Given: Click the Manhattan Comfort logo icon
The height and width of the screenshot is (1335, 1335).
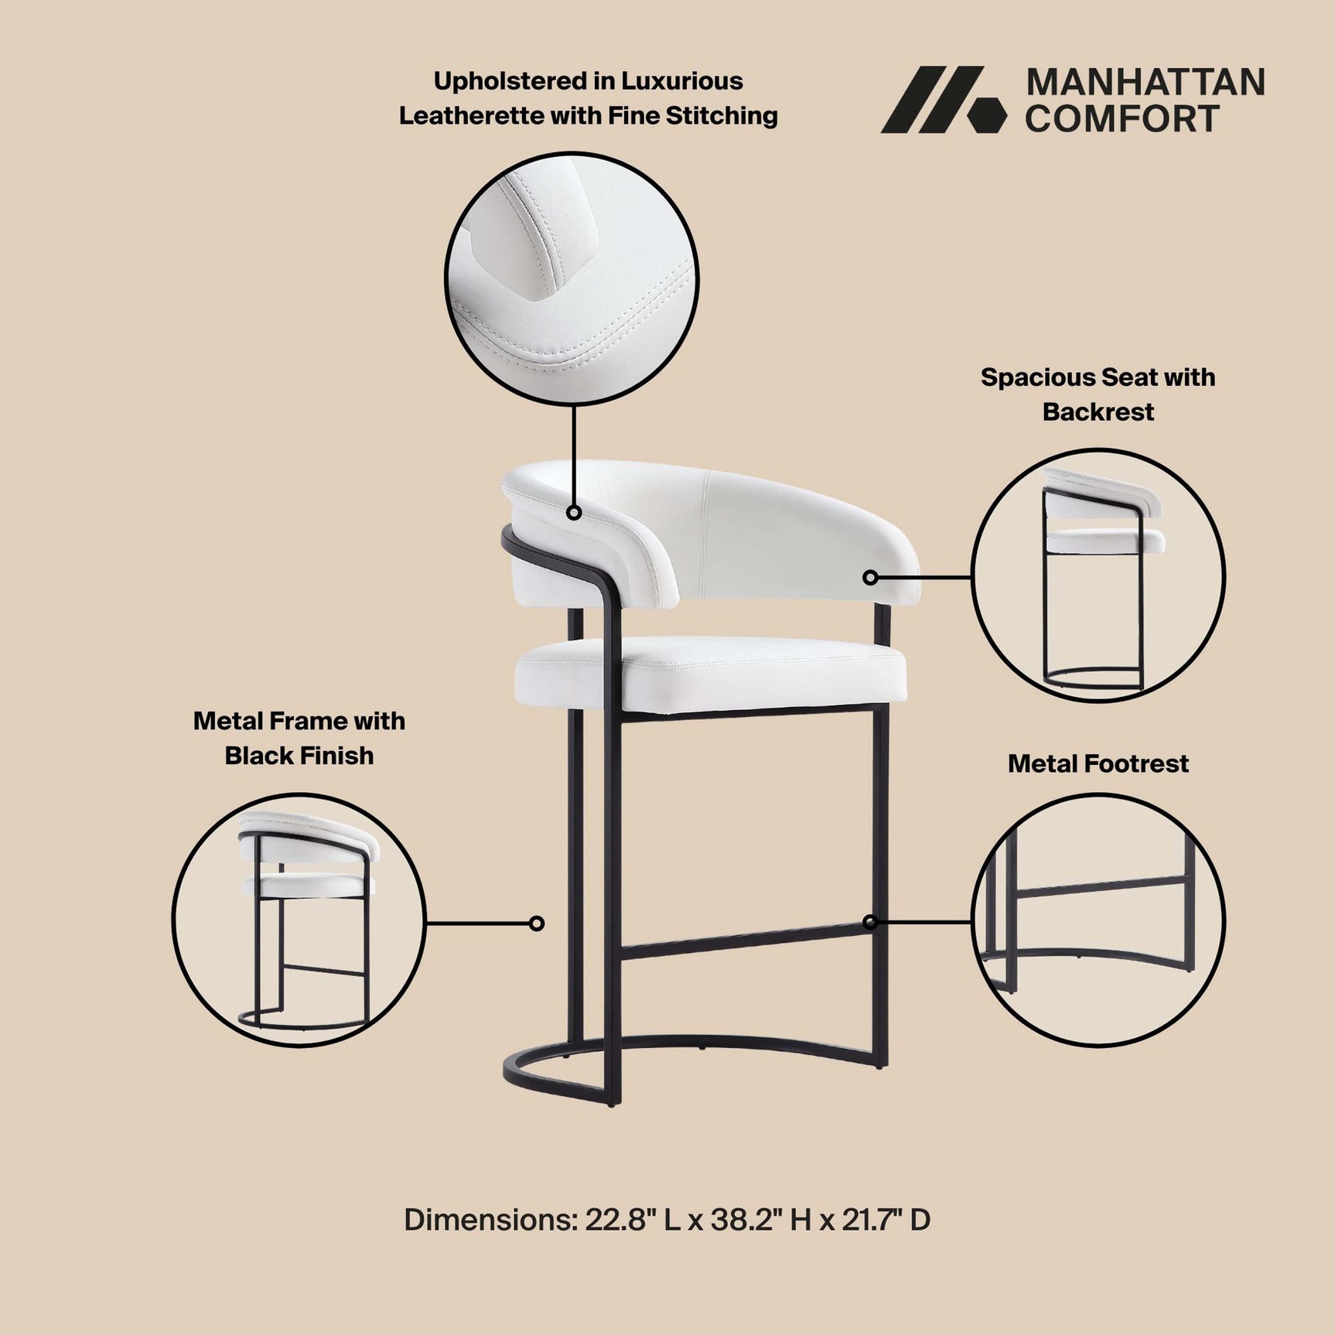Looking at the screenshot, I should (x=944, y=100).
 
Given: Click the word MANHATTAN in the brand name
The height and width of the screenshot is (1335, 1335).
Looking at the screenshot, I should (x=1145, y=83).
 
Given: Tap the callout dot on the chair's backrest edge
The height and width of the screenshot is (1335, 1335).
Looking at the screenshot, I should (x=574, y=512).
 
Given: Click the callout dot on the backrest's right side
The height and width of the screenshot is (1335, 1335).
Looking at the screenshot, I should (x=870, y=577).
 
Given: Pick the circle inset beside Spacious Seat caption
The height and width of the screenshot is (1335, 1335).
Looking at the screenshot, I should (x=1098, y=576).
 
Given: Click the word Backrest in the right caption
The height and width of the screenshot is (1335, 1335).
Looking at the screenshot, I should (x=1098, y=412).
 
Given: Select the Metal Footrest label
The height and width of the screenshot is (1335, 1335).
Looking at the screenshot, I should (x=1098, y=764).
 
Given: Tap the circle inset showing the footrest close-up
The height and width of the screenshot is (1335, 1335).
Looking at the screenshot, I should (x=1098, y=920).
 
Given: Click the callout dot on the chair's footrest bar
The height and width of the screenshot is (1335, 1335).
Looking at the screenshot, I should (x=870, y=922).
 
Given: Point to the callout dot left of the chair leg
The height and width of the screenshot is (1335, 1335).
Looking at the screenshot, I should (x=537, y=923).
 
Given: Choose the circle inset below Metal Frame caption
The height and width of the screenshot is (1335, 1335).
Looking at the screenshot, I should (x=299, y=920).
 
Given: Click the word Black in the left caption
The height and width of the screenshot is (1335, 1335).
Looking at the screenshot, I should (x=259, y=756).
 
